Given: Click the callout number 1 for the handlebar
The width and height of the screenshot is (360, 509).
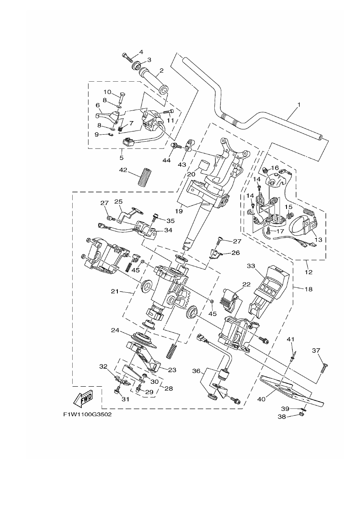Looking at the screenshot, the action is (299, 105).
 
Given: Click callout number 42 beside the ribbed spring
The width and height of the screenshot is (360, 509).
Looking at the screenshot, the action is (124, 170).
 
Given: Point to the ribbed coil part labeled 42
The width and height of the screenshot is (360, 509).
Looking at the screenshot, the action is (145, 177).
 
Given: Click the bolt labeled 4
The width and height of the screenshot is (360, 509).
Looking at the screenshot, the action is (127, 58).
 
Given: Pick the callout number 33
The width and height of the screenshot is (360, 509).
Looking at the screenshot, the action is (251, 266).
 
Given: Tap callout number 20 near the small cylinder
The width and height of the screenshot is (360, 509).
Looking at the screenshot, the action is (192, 174).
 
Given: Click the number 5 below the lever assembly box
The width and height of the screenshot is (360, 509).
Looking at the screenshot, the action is (122, 158).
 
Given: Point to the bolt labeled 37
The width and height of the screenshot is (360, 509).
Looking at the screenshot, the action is (323, 368).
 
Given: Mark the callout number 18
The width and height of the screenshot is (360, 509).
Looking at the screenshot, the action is (309, 289).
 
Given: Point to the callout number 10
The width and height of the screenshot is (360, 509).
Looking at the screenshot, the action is (107, 92).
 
